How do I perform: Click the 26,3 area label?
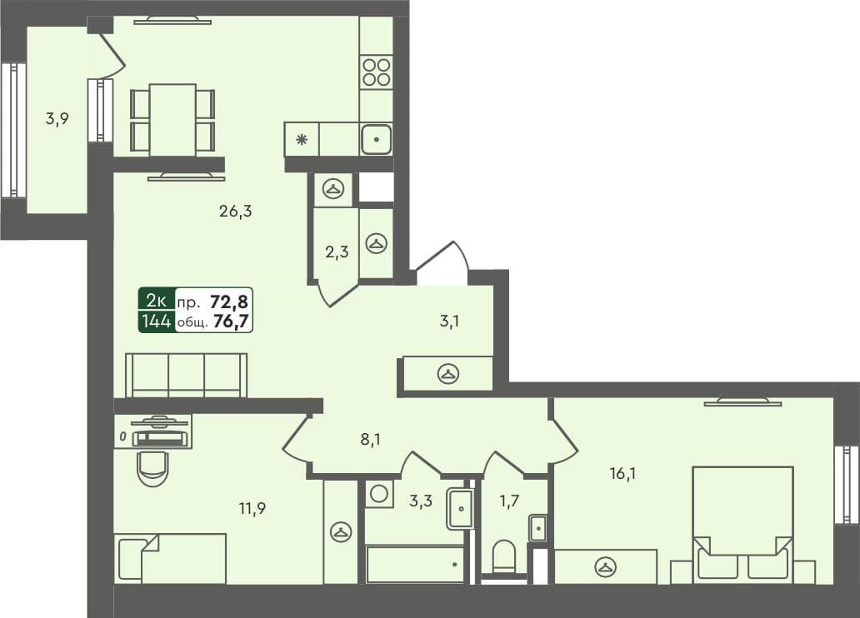pos(235,212)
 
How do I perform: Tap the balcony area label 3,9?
pos(57,118)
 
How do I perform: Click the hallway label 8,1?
pos(371,438)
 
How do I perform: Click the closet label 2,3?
pos(336,252)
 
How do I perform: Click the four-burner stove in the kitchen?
pos(377,71)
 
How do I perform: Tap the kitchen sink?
pos(377,139)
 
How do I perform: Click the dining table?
pos(172,119)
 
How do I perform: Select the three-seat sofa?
pos(186,376)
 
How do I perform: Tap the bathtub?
pos(415,564)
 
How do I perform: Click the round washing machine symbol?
pos(378,493)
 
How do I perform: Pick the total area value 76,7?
pos(232,321)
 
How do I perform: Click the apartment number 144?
pos(157,321)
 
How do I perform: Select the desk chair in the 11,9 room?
pos(153,468)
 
